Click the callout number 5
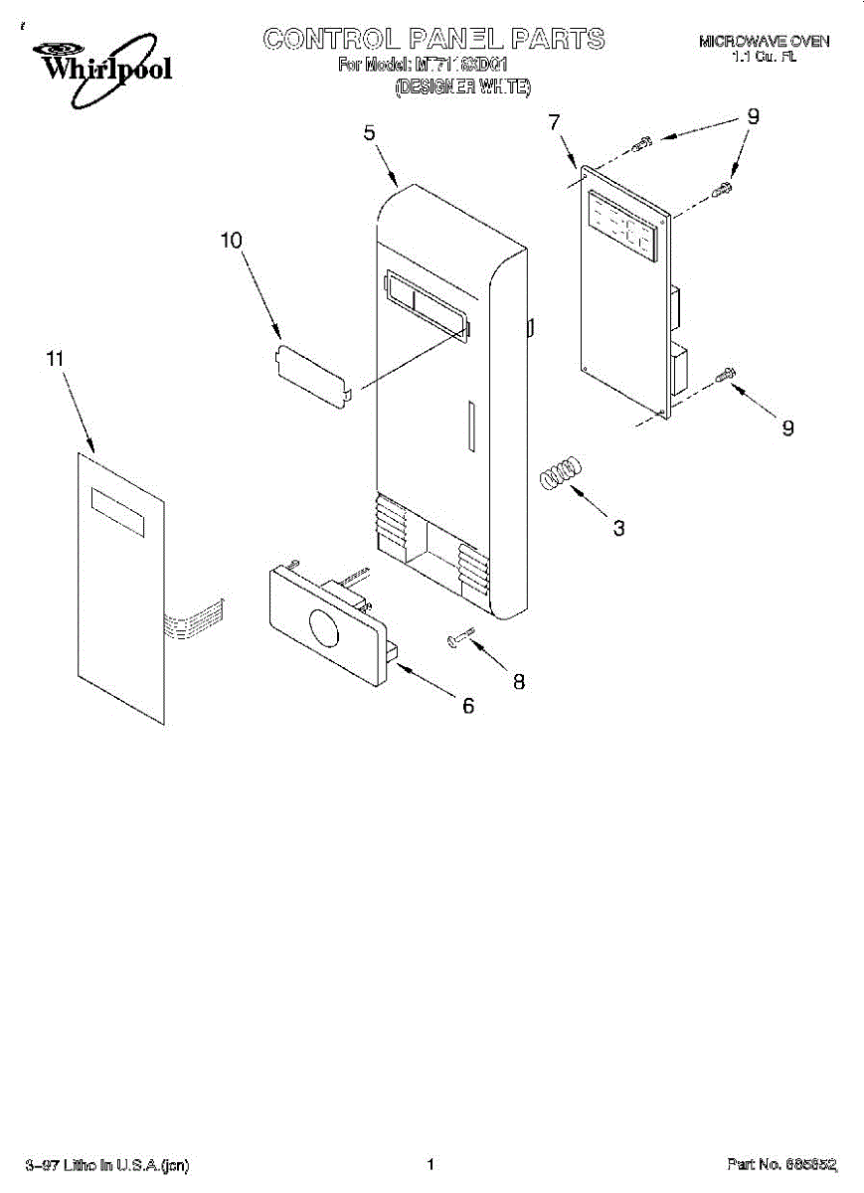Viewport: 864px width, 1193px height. (369, 132)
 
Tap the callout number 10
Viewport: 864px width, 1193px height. (231, 241)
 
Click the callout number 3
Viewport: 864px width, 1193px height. (618, 528)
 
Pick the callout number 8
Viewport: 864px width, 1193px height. (518, 682)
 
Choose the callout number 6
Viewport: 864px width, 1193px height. (467, 706)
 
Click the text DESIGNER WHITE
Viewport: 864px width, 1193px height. (463, 87)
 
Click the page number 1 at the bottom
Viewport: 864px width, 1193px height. (431, 1164)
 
